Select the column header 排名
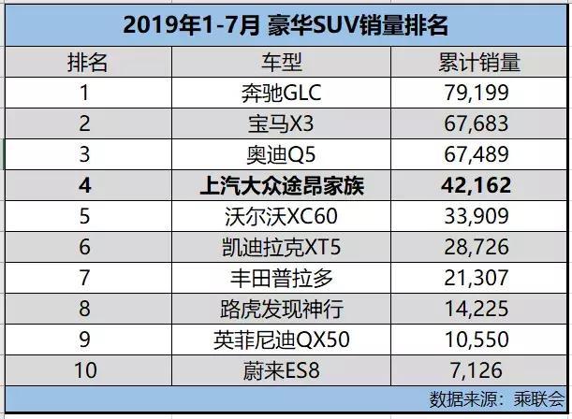tap(85, 63)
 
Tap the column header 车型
tap(282, 63)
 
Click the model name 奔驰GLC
tap(282, 94)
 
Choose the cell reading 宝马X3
tap(282, 124)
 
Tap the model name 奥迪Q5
tap(282, 155)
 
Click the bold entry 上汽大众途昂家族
tap(282, 186)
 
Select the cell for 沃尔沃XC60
tap(282, 217)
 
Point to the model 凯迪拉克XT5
tap(282, 248)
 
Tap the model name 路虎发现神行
tap(282, 310)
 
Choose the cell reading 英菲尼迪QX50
tap(282, 340)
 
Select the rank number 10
tap(85, 371)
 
